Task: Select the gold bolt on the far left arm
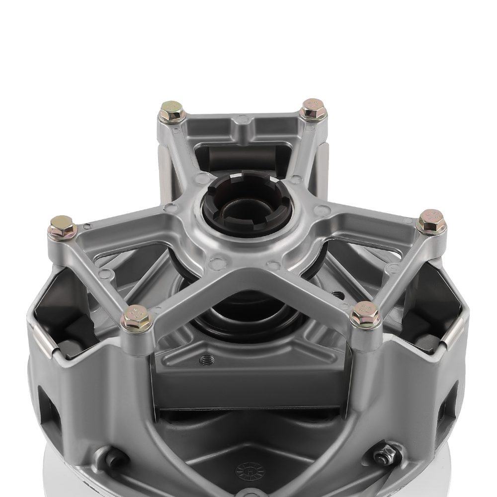(x=62, y=228)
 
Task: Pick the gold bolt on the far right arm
(x=431, y=222)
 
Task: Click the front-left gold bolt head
(x=136, y=318)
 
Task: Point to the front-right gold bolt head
(x=366, y=314)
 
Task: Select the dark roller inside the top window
(x=244, y=158)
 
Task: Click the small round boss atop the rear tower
(x=243, y=119)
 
